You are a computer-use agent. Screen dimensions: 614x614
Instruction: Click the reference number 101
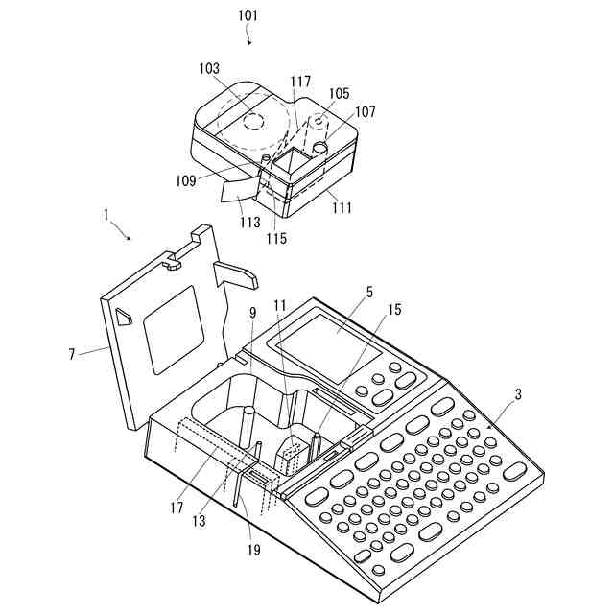tap(245, 16)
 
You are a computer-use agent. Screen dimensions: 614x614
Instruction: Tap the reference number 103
tap(209, 69)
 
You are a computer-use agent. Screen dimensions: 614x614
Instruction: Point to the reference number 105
tap(340, 95)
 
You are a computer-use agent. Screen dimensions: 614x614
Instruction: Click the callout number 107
tap(366, 111)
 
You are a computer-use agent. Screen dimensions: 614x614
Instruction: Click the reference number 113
tap(250, 222)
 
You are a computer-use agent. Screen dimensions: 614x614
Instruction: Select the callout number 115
tap(277, 238)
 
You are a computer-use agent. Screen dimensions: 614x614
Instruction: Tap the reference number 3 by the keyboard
tap(519, 394)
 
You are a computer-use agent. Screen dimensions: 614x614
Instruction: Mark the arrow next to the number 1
tap(121, 231)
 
